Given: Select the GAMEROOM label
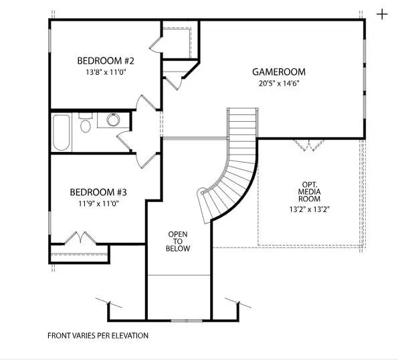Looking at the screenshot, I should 278,72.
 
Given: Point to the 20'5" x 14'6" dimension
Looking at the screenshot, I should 278,84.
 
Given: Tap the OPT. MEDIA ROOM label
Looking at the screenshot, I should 309,191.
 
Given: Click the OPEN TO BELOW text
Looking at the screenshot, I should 178,242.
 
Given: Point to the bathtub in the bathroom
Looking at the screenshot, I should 61,132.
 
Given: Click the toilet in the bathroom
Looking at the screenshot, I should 86,125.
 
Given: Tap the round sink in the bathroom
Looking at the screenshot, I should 112,120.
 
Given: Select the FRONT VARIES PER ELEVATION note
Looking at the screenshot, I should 98,335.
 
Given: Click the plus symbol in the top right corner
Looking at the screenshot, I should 382,13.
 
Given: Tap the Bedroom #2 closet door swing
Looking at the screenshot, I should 154,43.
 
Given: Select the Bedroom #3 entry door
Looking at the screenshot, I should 145,159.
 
